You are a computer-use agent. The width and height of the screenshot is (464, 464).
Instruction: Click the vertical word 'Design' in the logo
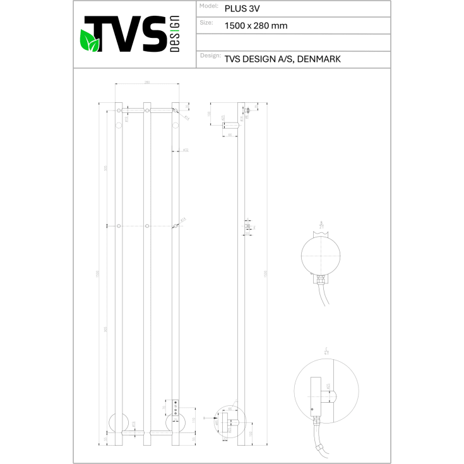[175, 33]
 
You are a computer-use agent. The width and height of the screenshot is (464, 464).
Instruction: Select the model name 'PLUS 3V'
[238, 9]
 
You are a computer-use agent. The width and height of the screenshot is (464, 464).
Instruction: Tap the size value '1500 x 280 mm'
[256, 26]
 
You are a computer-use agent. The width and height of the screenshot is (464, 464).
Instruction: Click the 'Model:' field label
[209, 6]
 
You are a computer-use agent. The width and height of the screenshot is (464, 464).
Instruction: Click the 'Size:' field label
[206, 22]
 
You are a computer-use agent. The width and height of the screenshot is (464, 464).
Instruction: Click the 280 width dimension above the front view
[147, 83]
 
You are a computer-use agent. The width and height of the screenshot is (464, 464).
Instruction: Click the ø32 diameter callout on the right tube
[186, 150]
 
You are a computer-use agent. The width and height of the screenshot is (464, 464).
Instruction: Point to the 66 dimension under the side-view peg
[230, 134]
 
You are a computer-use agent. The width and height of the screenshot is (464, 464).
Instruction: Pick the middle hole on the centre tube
[147, 225]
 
